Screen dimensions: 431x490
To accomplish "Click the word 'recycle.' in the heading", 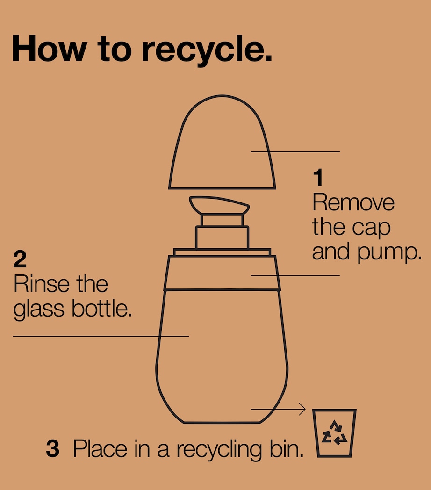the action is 207,50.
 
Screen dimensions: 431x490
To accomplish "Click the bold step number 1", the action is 318,177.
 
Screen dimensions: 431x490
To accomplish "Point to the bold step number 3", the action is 52,448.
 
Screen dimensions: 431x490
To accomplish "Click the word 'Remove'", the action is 353,202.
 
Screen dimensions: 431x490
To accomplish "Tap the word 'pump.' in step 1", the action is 388,252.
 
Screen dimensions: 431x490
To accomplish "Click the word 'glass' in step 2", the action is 38,310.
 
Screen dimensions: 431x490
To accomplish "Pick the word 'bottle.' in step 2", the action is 101,308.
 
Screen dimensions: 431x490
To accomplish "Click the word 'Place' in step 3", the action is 100,449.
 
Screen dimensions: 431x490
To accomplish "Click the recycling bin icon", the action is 334,433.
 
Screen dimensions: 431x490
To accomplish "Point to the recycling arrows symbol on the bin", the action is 334,433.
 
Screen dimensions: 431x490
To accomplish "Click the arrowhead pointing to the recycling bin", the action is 302,409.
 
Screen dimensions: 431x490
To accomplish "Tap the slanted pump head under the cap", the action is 219,205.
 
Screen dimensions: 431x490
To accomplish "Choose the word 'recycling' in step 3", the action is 219,450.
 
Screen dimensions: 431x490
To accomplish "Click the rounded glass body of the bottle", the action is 222,356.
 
